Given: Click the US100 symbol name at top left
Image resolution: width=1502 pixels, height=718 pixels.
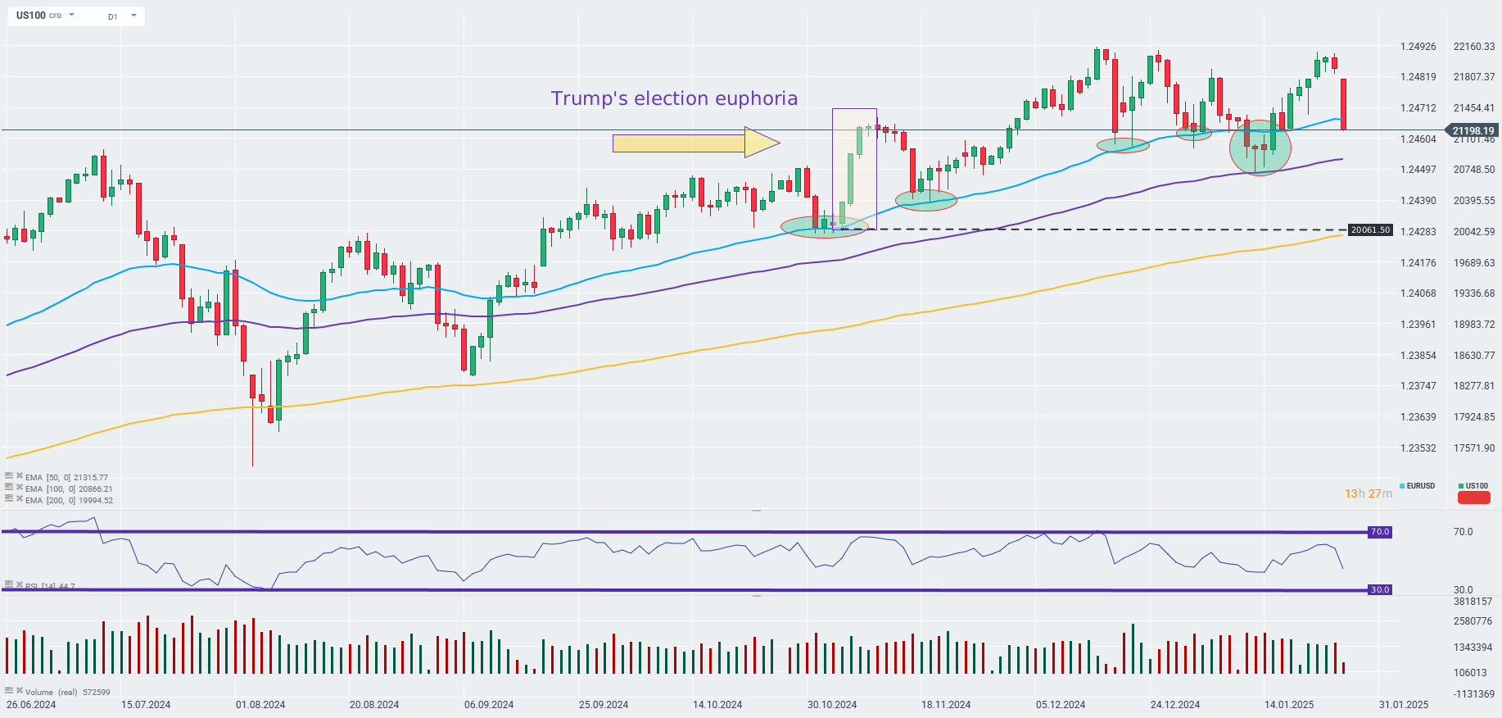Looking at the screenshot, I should point(31,16).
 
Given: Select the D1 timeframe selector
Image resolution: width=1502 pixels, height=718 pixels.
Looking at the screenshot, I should point(112,16).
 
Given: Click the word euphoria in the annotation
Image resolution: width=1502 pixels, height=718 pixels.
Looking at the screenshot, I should point(756,98).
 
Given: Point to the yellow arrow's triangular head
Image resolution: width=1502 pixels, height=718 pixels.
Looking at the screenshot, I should point(761,143).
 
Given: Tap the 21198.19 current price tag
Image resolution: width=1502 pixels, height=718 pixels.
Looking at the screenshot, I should point(1473,130).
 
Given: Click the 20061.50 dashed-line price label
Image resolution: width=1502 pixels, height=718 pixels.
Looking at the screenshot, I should point(1370,230).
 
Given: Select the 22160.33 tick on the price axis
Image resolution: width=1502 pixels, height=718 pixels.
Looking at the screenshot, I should point(1473,47).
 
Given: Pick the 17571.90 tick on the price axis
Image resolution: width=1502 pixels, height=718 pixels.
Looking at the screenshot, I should point(1473,448).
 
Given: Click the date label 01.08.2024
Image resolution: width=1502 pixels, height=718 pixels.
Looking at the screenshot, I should point(260,705).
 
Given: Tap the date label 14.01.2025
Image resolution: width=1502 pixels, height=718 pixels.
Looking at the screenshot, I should point(1289,705).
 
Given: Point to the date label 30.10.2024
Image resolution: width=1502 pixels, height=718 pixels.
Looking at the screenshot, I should point(832,705).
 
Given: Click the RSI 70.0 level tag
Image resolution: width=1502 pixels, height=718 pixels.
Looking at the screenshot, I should point(1380,532).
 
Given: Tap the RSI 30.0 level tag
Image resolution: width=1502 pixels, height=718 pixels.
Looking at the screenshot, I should point(1380,590).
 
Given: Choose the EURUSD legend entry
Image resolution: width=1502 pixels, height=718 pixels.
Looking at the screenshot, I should point(1419,486).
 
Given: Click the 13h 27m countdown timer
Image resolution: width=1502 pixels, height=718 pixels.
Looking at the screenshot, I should point(1368,493).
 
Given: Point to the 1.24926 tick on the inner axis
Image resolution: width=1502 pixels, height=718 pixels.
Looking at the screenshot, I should point(1418,47).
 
